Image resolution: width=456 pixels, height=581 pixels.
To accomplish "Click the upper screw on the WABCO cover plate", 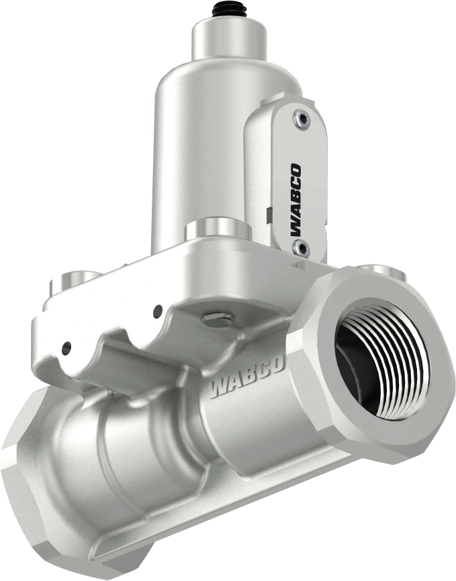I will point(300,119).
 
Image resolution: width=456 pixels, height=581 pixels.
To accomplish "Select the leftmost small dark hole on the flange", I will point(66,348).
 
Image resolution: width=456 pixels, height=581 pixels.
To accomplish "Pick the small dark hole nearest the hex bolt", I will point(158,310).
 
